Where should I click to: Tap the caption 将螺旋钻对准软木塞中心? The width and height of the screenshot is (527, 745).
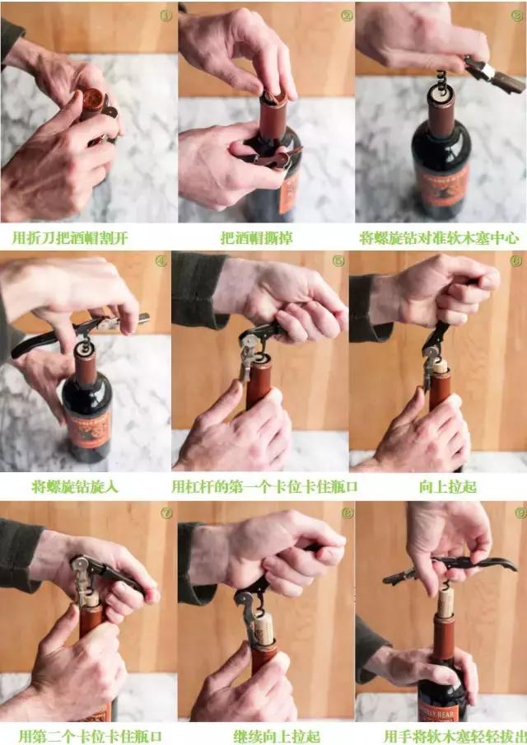click(x=440, y=237)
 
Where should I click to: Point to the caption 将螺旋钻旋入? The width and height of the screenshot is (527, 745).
click(x=75, y=486)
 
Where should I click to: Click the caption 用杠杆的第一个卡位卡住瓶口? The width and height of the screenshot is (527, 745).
click(x=264, y=486)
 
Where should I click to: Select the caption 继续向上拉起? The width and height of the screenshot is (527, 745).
click(x=265, y=735)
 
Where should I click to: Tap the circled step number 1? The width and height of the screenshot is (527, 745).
click(x=165, y=15)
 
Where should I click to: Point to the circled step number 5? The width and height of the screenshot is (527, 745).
click(x=338, y=261)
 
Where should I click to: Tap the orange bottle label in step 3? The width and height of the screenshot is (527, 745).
click(x=445, y=181)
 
